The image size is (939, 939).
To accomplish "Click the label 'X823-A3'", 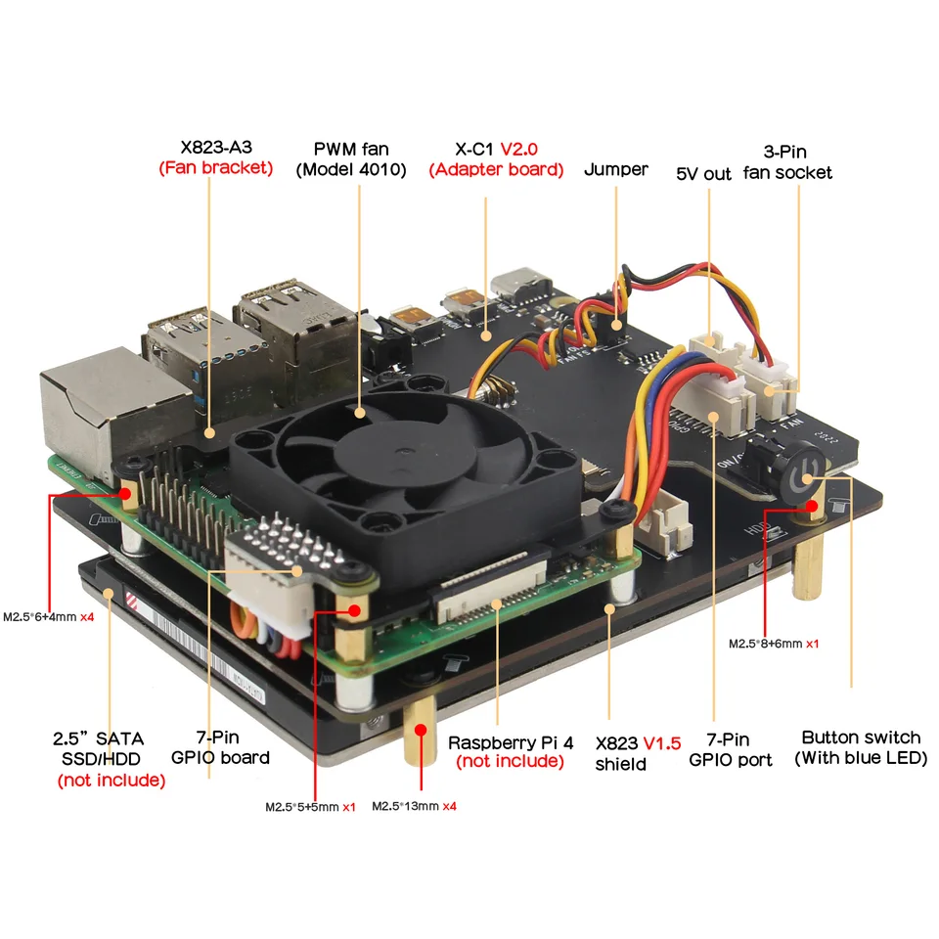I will pyautogui.click(x=214, y=149).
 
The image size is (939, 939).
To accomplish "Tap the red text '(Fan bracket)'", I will pyautogui.click(x=215, y=168).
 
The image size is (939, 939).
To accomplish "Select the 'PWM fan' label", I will pyautogui.click(x=351, y=149).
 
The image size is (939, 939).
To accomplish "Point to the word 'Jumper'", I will pyautogui.click(x=616, y=169).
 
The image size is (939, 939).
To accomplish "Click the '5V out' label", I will pyautogui.click(x=703, y=173).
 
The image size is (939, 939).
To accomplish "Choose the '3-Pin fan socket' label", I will pyautogui.click(x=797, y=161).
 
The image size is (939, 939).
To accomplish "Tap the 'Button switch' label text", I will pyautogui.click(x=861, y=737).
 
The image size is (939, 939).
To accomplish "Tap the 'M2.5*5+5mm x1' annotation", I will pyautogui.click(x=310, y=807).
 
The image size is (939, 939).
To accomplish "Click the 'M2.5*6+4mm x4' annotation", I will pyautogui.click(x=49, y=617).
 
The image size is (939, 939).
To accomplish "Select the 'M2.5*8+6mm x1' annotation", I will pyautogui.click(x=774, y=644).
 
